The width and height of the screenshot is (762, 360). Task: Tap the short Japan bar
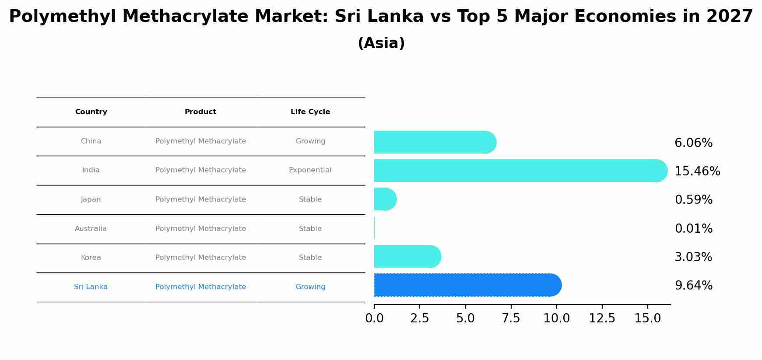385,199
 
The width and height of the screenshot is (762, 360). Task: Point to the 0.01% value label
693,229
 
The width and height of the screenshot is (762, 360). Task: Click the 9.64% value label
693,286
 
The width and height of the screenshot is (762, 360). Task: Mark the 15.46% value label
697,171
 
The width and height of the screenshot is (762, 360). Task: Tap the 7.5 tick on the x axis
511,318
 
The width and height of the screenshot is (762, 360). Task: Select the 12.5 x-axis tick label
602,318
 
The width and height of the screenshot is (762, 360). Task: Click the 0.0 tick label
374,318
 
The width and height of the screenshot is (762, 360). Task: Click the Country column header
91,112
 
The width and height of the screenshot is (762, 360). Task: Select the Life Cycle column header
310,112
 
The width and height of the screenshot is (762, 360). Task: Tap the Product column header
200,112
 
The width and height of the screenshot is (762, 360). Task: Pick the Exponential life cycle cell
310,170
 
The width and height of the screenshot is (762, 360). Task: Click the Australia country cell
91,229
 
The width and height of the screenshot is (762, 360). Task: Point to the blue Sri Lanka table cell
91,287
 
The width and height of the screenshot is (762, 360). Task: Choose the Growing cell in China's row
310,141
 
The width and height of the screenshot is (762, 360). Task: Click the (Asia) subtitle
381,43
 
